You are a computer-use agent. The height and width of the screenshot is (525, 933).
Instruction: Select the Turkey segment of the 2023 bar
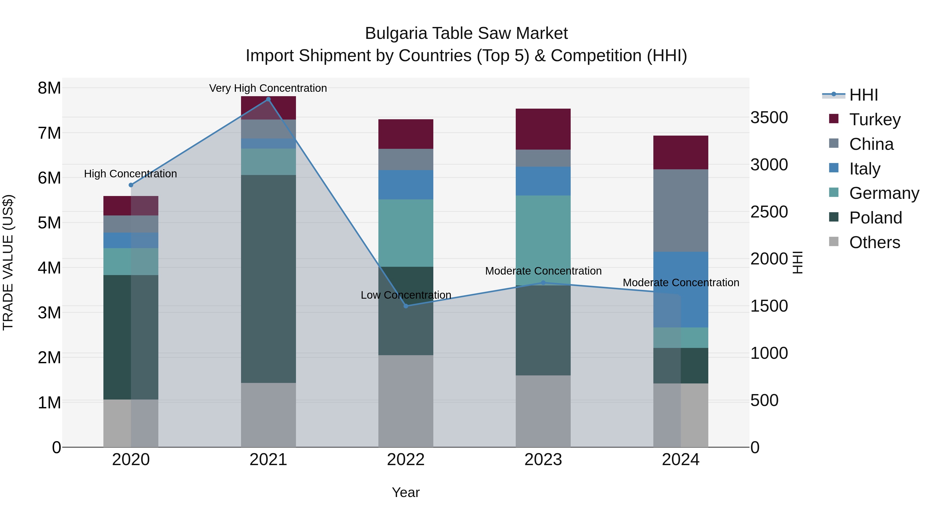coord(543,129)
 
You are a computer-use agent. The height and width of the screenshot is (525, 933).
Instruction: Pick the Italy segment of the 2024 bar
coord(681,290)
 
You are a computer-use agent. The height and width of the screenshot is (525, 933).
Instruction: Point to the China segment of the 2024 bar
coord(681,211)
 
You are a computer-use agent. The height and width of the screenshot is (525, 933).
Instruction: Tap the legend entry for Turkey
coord(874,120)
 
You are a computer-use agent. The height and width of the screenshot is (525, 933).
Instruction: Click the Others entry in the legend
coord(874,242)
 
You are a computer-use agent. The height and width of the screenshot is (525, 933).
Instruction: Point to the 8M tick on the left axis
coord(49,88)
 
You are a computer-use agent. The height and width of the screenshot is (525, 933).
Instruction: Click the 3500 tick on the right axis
coord(769,118)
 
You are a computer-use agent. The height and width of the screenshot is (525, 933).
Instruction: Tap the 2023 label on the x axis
coord(543,460)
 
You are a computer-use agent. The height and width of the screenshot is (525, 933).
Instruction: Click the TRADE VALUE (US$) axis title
coord(8,262)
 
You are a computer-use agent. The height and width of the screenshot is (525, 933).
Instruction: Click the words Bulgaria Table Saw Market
coord(466,33)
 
